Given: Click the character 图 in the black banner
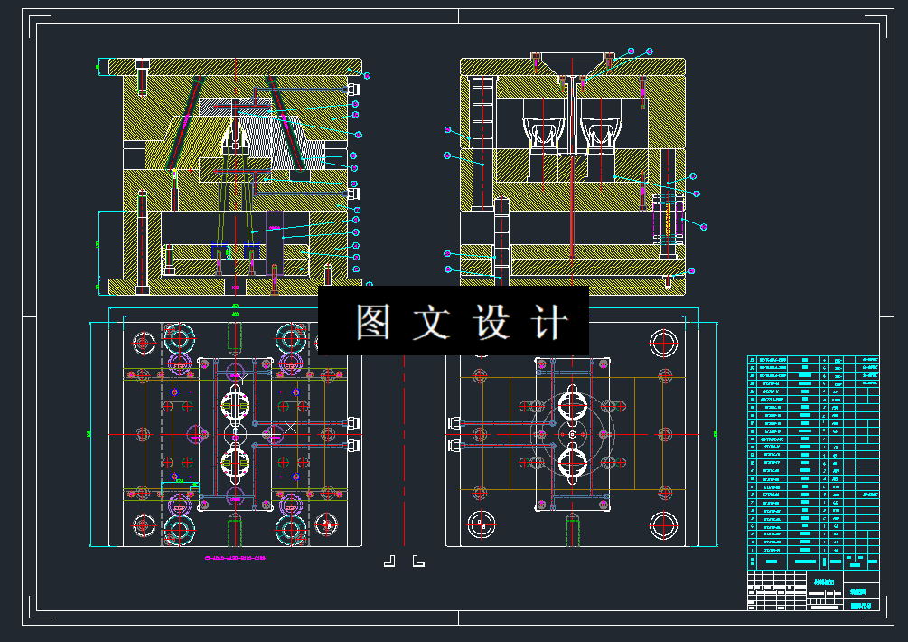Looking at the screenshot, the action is (372, 322).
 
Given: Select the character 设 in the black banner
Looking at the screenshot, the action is (493, 322).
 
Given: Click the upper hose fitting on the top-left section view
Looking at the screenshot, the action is (353, 89).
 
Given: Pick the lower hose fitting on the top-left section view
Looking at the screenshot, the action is (353, 193).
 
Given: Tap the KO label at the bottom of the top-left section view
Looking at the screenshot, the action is (236, 287).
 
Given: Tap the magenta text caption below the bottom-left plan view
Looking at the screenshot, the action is (237, 559).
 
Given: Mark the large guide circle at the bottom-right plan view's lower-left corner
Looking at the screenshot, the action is (478, 522).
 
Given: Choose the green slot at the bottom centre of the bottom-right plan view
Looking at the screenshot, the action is (571, 529).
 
